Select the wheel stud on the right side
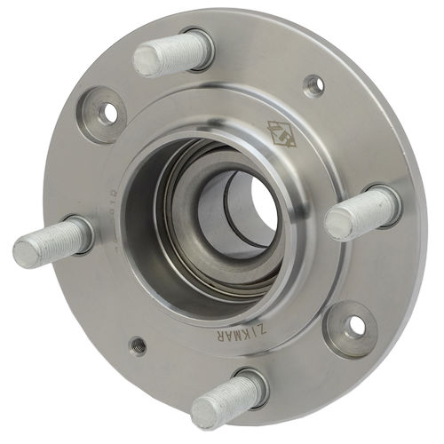360,213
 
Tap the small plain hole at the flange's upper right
313,85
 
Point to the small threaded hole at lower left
137,344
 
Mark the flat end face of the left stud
28,253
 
